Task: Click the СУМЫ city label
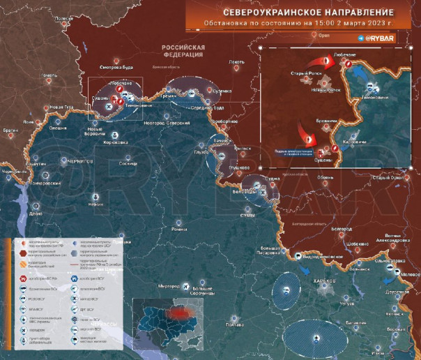(247, 215)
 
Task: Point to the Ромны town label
(180, 229)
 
